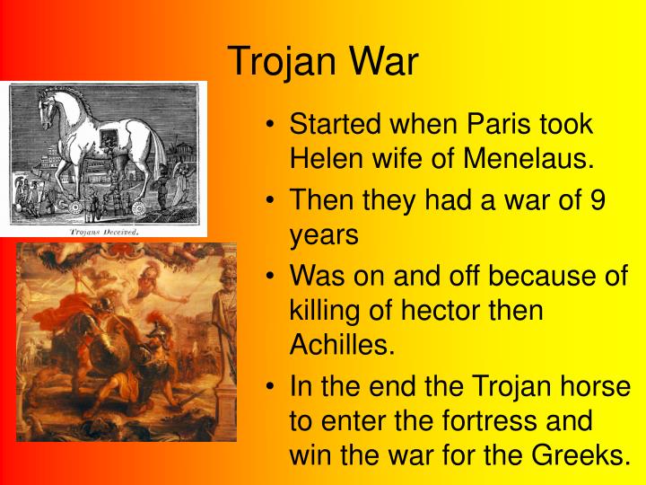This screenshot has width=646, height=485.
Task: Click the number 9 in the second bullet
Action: [x=598, y=201]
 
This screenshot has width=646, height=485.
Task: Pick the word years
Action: [x=323, y=236]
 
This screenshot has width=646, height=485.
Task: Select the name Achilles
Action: [x=342, y=346]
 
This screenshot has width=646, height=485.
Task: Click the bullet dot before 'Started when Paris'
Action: [x=270, y=125]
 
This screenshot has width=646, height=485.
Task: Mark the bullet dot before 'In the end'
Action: [x=270, y=387]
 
